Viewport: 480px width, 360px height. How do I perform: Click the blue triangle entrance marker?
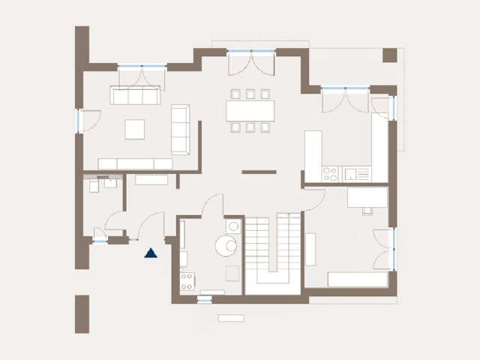point(151,253)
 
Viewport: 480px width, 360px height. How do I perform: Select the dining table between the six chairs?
point(250,110)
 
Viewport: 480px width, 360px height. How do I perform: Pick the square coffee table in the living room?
point(136,129)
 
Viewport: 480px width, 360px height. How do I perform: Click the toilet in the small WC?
point(94,185)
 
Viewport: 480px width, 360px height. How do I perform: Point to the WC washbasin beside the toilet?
point(110,182)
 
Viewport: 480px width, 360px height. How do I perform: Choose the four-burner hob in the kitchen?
point(330,174)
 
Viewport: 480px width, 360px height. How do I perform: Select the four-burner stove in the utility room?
point(187,281)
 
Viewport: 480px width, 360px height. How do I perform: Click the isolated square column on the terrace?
point(389,55)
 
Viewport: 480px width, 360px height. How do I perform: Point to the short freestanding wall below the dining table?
point(259,172)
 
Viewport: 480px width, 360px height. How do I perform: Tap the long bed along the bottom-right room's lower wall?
point(357,280)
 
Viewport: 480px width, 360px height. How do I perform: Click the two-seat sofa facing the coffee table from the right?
point(181,129)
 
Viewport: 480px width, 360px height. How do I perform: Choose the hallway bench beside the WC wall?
point(151,180)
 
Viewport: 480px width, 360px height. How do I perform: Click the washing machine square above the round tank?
point(233,226)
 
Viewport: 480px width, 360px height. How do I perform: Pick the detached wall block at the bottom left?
point(82,313)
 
